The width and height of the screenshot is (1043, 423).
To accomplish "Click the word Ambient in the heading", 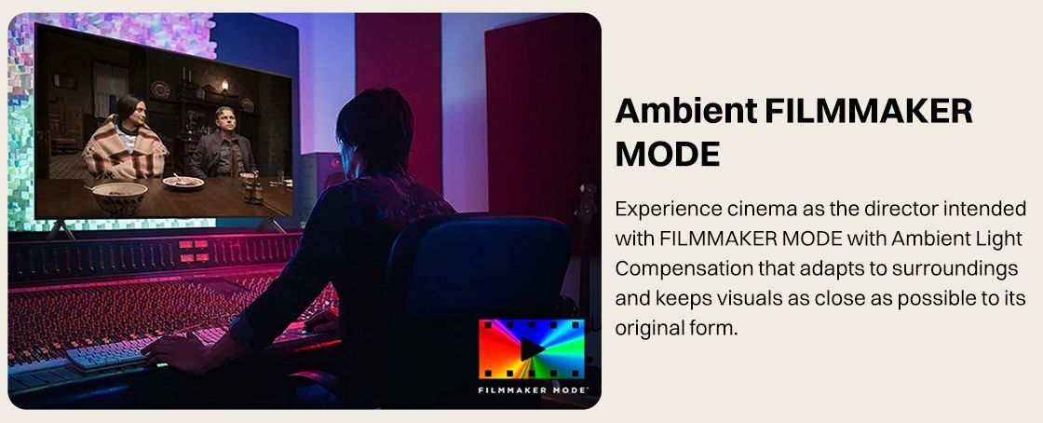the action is [685, 111].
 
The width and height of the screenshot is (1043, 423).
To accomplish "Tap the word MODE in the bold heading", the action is [667, 155].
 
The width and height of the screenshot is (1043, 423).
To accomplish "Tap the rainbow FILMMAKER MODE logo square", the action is [532, 349].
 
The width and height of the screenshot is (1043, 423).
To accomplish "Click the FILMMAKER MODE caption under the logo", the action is [532, 389].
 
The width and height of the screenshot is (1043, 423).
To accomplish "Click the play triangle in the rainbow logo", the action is [531, 349].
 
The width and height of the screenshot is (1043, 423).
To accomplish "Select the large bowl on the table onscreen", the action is [120, 197].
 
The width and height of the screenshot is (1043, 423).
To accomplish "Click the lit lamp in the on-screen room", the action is [224, 86].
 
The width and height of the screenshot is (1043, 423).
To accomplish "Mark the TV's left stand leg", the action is [61, 229].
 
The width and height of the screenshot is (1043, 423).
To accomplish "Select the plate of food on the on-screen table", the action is [183, 182].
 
